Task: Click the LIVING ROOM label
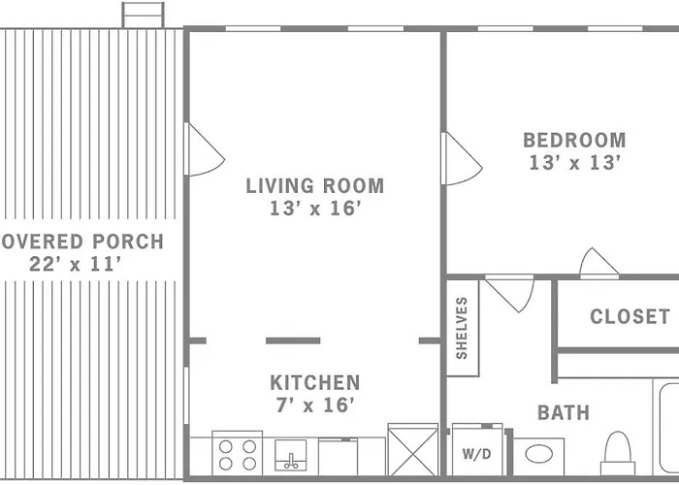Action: [x=315, y=186]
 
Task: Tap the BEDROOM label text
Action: [x=574, y=141]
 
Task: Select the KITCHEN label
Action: [x=315, y=382]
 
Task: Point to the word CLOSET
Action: [x=630, y=316]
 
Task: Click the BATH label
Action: [x=564, y=412]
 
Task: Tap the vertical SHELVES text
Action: [x=462, y=328]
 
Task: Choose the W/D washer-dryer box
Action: [x=477, y=450]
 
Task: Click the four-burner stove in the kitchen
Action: [x=238, y=453]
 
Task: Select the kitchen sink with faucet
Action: [x=291, y=455]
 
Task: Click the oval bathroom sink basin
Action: [x=538, y=454]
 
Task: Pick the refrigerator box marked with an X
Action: [x=413, y=449]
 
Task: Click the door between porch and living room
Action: [x=204, y=149]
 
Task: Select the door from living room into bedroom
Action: [x=462, y=158]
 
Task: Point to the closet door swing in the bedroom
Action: [x=598, y=262]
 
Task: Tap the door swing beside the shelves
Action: [x=509, y=295]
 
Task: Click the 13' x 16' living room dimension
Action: [x=315, y=209]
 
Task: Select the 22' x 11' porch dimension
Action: [x=75, y=264]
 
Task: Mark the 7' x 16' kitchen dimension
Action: [x=315, y=405]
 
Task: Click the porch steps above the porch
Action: [x=143, y=16]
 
